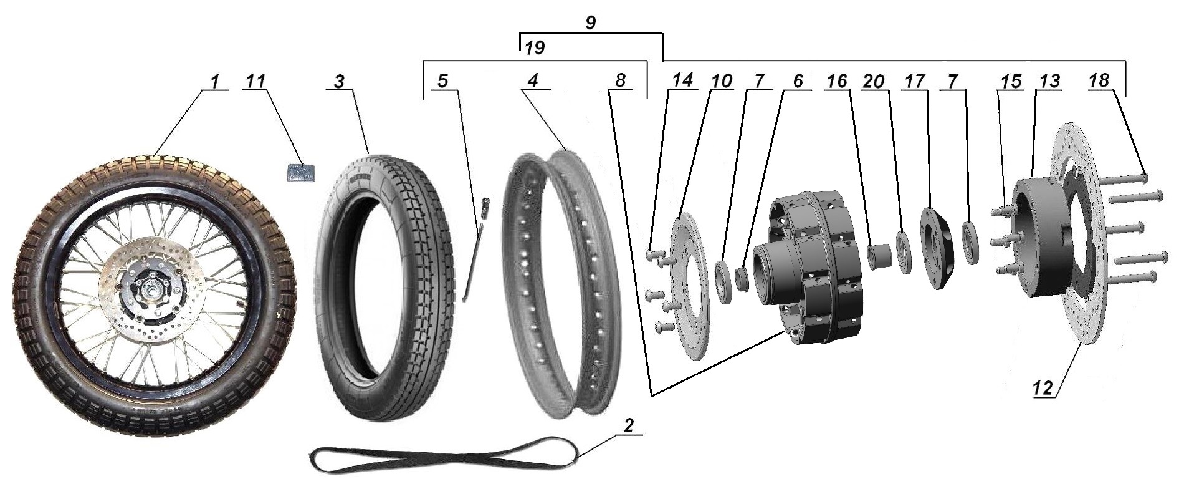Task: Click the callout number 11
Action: coord(255,82)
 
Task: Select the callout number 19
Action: coord(535,48)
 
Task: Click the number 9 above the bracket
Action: coord(590,23)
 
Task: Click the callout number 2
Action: coord(628,426)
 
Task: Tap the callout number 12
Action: coord(1043,389)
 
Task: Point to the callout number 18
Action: coord(1100,82)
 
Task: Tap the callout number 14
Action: coord(682,82)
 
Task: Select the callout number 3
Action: coord(339,82)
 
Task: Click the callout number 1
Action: coord(214,82)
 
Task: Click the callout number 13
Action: coord(1049,82)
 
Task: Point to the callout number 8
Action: coord(619,82)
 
